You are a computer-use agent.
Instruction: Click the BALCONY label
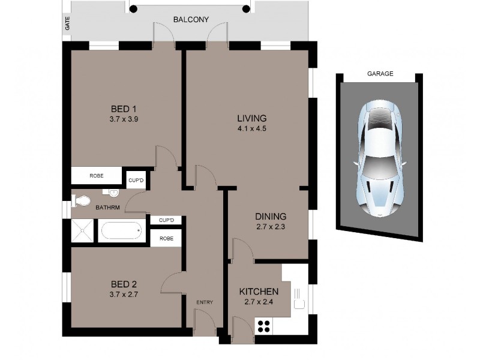(191, 20)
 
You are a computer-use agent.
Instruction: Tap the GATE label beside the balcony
(67, 23)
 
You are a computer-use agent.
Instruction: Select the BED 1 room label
(124, 109)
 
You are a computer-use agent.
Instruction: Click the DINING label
(271, 217)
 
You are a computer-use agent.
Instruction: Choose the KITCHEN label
(259, 292)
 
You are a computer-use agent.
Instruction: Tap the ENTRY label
(205, 302)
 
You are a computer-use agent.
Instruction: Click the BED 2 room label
(124, 284)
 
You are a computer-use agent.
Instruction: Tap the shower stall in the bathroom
(83, 230)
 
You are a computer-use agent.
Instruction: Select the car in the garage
(379, 159)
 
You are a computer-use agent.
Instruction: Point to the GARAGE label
(380, 74)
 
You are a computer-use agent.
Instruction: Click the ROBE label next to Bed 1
(97, 176)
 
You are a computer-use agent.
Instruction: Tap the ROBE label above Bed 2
(166, 238)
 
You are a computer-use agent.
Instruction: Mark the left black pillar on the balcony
(133, 8)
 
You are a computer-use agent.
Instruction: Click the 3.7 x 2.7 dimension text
(124, 295)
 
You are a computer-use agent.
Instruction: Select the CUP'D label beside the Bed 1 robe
(136, 180)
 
